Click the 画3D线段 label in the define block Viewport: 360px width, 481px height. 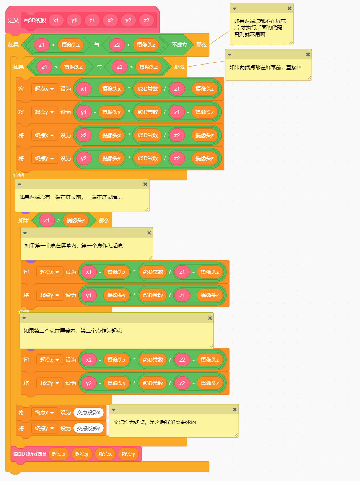point(35,20)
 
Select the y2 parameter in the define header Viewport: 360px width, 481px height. point(128,20)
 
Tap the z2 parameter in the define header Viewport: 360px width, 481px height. point(146,20)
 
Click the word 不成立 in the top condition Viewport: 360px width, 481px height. point(179,45)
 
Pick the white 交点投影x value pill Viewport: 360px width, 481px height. point(88,413)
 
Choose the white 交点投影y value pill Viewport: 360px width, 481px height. point(88,428)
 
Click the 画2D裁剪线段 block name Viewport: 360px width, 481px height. point(29,454)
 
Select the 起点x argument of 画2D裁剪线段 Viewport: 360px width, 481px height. point(59,454)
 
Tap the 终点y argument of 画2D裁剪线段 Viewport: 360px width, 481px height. point(128,454)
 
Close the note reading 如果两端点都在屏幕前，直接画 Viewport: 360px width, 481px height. point(308,54)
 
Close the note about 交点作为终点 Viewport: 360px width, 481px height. point(235,409)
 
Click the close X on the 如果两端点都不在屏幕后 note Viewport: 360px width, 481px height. point(289,8)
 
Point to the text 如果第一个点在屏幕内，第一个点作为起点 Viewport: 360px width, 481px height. point(74,245)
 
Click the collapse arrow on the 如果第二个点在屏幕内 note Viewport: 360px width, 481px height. point(24,318)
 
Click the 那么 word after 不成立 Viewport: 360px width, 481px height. point(202,45)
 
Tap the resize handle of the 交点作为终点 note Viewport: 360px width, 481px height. point(236,435)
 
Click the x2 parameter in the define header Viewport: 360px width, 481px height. point(110,20)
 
